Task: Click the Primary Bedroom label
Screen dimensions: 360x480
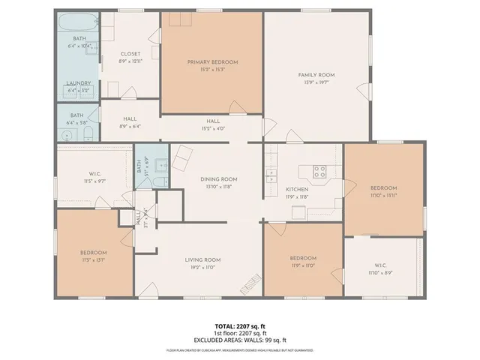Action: click(x=212, y=61)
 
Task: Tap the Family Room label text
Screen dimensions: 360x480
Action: click(x=316, y=75)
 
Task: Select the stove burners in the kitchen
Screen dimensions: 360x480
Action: click(x=319, y=169)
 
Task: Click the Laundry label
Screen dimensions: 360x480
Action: click(x=79, y=83)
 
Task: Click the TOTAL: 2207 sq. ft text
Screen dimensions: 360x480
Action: click(x=239, y=326)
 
